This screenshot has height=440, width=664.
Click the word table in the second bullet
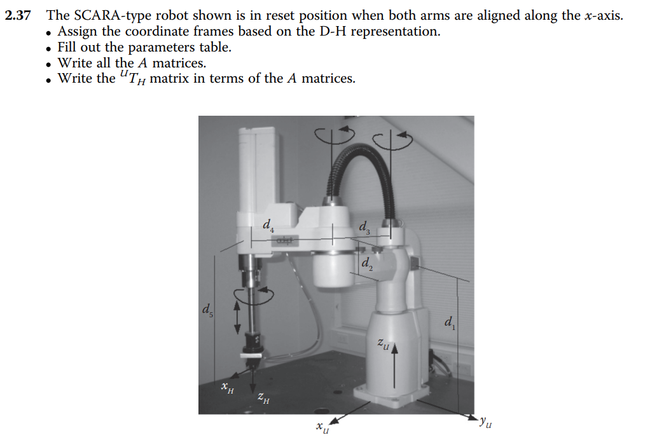click(x=213, y=47)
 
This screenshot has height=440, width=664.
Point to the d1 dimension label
click(x=450, y=323)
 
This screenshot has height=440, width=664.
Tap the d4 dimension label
click(x=268, y=225)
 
